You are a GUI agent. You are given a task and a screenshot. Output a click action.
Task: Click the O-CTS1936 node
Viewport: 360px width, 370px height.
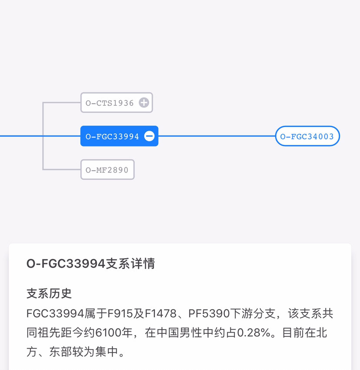click(x=117, y=103)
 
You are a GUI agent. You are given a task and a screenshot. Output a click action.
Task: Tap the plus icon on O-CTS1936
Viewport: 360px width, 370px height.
click(x=144, y=103)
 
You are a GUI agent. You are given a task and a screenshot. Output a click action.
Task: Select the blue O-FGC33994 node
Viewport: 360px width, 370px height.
click(x=119, y=136)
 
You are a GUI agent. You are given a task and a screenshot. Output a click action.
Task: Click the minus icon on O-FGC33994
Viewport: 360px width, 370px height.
click(x=150, y=136)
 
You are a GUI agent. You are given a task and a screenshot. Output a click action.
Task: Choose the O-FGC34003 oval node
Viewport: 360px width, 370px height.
click(x=307, y=136)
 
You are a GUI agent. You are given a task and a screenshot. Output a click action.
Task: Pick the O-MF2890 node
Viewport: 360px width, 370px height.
click(x=107, y=170)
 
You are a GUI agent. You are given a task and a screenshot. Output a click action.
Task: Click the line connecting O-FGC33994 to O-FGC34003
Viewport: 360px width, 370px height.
click(x=217, y=136)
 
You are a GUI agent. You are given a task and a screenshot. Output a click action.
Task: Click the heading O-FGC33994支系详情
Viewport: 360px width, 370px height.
click(x=91, y=264)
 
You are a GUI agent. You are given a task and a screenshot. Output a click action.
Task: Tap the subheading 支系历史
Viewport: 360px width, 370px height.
click(x=49, y=293)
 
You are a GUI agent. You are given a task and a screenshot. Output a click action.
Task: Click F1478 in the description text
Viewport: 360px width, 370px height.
click(x=160, y=313)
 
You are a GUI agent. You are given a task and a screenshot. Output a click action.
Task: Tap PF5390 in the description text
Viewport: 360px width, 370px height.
click(x=209, y=313)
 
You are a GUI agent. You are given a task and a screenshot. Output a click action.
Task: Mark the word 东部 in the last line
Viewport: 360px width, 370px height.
click(x=60, y=352)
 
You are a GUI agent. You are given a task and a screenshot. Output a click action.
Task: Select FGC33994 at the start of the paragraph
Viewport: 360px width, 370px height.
click(x=55, y=313)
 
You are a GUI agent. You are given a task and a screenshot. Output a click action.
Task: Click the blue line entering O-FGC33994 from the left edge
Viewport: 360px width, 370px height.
click(x=40, y=136)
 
